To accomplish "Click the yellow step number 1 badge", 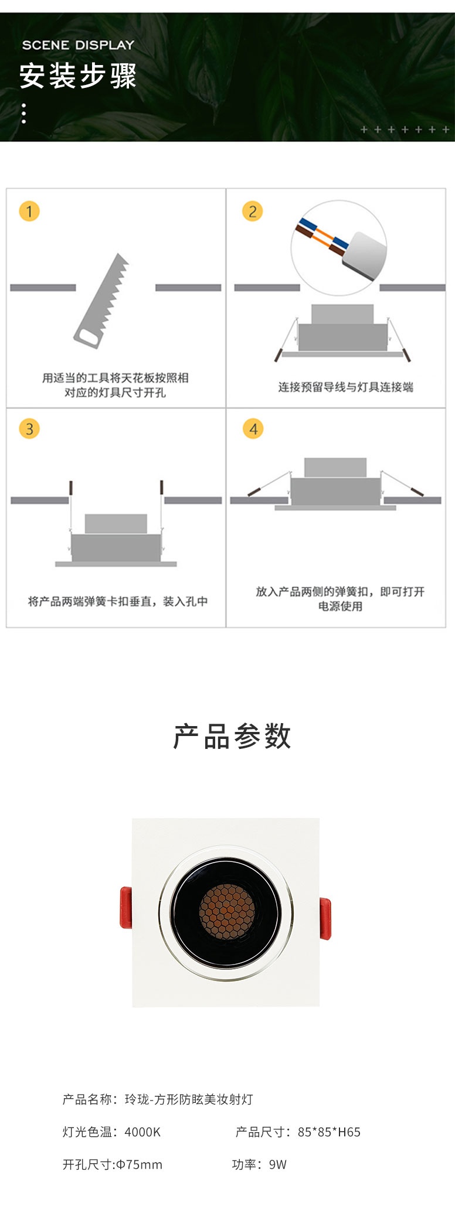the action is pos(29,211).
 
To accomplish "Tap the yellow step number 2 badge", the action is pos(253,211).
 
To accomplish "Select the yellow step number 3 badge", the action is pos(29,428).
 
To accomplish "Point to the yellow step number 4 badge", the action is pos(253,428).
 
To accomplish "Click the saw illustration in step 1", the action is pos(101,301).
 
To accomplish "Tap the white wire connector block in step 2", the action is pos(365,254).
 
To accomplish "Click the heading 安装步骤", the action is pos(78,76).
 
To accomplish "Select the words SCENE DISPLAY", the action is pos(79,45).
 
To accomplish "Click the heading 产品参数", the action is pos(232,736).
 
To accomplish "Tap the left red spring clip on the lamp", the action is pos(125,907).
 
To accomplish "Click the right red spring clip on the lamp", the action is pos(325,918).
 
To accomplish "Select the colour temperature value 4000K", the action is pos(142,1132).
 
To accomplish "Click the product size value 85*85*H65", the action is pos(329,1132).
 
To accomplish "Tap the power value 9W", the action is pos(278,1164).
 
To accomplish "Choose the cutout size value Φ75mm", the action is pos(139,1164).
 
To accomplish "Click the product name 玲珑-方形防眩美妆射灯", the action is pos(189,1099).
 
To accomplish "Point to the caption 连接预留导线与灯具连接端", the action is pos(346,387).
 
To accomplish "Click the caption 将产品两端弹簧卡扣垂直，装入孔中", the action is pos(118,601).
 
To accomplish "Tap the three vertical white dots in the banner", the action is pos(24,113).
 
